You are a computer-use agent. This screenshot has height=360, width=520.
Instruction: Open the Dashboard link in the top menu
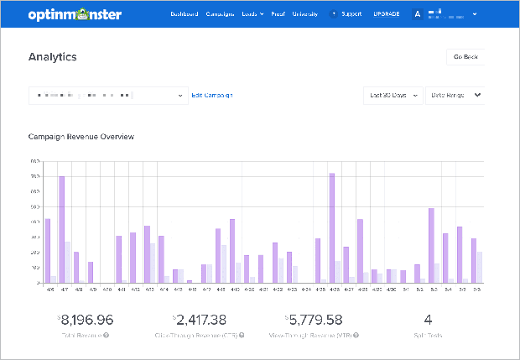pos(185,14)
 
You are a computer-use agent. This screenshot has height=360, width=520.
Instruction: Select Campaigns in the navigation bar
pos(220,14)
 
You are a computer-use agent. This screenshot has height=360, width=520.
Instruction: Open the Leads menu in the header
pos(252,14)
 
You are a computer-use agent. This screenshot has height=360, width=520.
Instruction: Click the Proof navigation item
pos(278,14)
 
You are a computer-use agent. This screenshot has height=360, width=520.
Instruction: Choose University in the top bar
pos(305,14)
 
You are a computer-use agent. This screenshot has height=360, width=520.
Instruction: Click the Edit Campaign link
pos(212,95)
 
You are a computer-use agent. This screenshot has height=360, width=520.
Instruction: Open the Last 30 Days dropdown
pos(393,95)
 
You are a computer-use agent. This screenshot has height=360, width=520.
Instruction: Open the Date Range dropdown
pos(455,95)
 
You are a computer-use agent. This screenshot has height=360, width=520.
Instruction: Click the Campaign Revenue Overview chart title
pos(81,136)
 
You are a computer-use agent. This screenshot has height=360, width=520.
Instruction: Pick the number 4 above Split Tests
pos(428,319)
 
